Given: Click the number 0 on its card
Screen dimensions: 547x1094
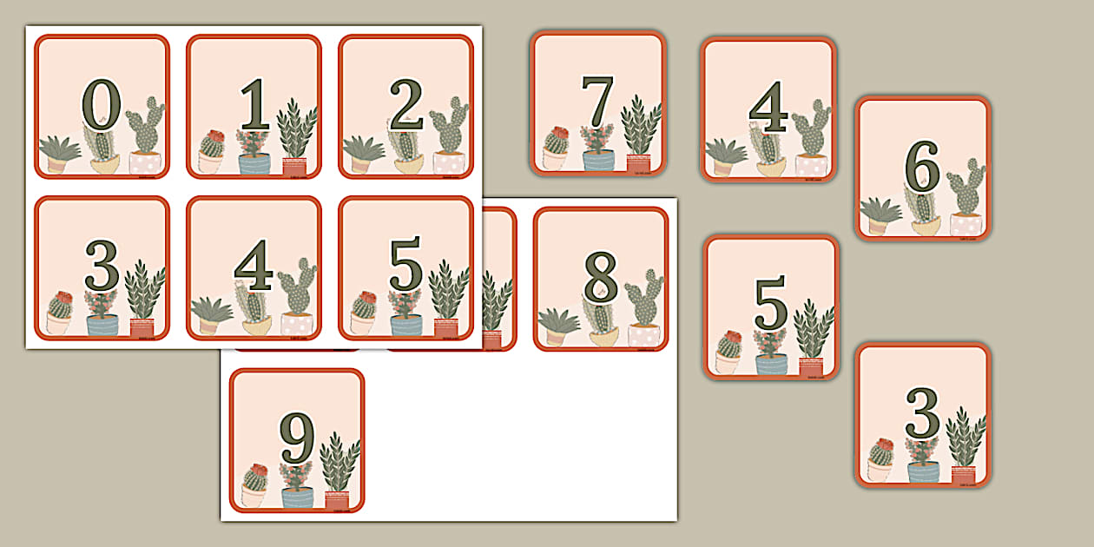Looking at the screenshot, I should pos(101,104).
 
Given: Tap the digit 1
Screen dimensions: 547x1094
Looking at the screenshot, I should pos(254,104).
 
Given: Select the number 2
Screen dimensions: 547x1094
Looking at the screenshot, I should pos(405,104).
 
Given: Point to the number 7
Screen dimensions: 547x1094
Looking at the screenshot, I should pos(597,100).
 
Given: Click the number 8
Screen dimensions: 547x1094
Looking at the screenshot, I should pos(600,278).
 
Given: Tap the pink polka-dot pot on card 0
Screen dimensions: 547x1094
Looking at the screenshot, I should pos(145,163).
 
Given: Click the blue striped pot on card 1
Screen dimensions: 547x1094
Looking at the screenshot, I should pos(254,164).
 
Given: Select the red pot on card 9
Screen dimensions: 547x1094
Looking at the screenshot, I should pos(336,500).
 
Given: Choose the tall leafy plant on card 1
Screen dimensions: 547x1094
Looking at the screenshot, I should pos(296,128).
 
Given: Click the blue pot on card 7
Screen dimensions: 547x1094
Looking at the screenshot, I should pos(598,160).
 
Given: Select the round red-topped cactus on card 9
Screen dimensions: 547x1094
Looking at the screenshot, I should pos(254,477).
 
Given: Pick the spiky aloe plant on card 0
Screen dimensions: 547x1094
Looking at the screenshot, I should pos(59,148).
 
